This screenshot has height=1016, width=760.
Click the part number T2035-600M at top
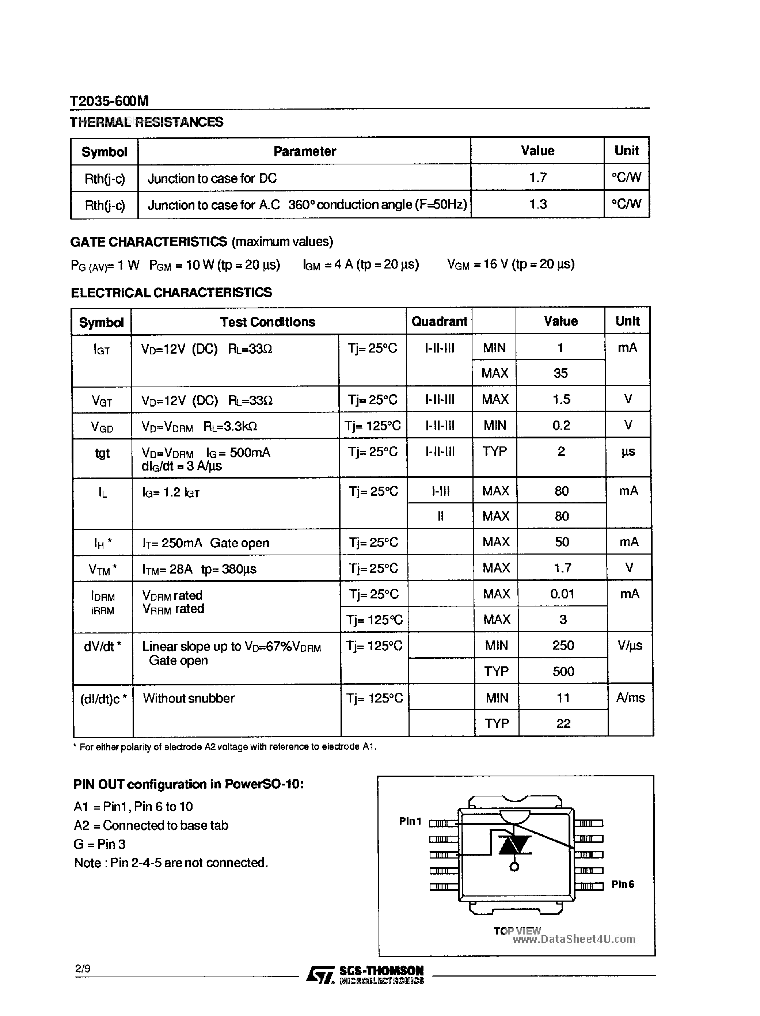(109, 101)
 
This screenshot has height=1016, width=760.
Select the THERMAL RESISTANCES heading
(146, 122)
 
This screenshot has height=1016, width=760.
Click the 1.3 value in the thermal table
(537, 204)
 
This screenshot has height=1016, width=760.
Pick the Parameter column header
(304, 151)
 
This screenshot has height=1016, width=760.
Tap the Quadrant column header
(439, 321)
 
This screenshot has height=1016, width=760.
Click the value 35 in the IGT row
(560, 373)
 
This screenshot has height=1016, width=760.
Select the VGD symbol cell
(102, 427)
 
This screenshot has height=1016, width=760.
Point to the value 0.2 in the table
(560, 425)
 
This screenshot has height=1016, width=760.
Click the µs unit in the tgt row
(628, 452)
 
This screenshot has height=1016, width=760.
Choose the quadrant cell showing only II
(440, 516)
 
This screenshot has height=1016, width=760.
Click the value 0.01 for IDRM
(562, 594)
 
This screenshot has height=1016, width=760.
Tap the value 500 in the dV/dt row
(563, 671)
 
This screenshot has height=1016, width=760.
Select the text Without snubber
(189, 698)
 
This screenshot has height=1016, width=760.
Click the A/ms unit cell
(630, 698)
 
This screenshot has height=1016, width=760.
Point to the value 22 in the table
(563, 724)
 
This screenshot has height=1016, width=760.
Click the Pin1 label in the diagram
(410, 821)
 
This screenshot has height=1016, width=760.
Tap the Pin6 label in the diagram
(622, 884)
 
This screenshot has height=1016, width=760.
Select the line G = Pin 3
(99, 844)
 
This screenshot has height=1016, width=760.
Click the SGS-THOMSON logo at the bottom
(365, 974)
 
